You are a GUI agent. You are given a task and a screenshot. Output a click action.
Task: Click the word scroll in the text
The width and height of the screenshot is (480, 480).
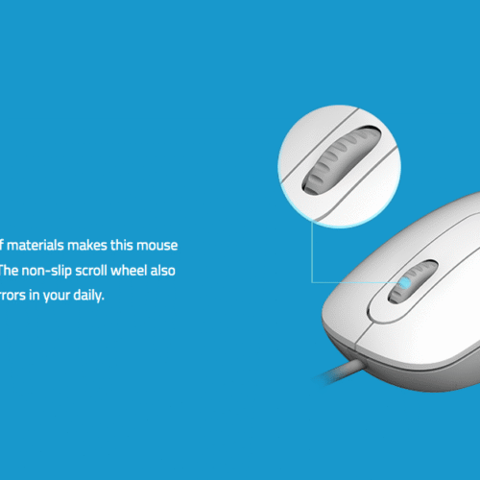[x=95, y=271]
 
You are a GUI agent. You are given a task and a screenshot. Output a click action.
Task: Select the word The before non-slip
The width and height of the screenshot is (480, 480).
[x=11, y=271]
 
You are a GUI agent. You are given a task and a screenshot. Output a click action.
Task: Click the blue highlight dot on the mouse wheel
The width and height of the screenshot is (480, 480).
[x=407, y=282]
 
